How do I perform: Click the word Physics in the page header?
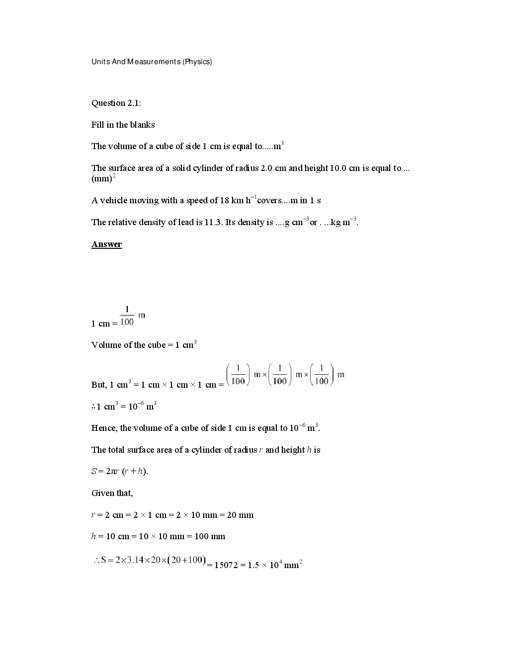click(x=197, y=62)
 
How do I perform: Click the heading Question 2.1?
click(x=116, y=103)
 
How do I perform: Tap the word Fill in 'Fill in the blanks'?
click(x=97, y=125)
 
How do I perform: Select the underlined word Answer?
click(x=106, y=244)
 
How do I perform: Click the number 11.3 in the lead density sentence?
click(x=214, y=223)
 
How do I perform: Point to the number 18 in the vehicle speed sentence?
click(x=224, y=200)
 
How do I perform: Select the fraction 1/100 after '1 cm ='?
click(x=127, y=316)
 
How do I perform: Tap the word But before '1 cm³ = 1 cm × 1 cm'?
click(x=98, y=385)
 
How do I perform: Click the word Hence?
click(x=103, y=428)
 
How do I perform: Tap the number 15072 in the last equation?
click(x=226, y=565)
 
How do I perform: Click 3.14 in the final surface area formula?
click(x=135, y=560)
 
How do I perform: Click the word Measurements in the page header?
click(x=154, y=62)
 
